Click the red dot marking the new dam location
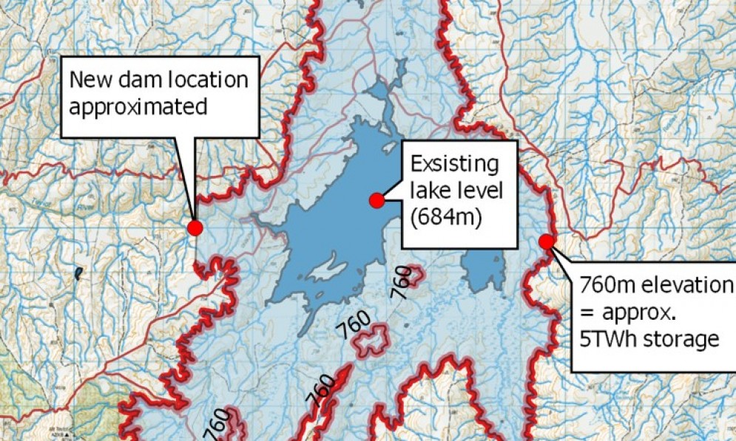pos(195,228)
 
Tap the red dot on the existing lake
pos(377,200)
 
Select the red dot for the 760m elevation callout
pos(547,242)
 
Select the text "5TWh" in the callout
pos(609,340)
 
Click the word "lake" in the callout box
pos(430,191)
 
